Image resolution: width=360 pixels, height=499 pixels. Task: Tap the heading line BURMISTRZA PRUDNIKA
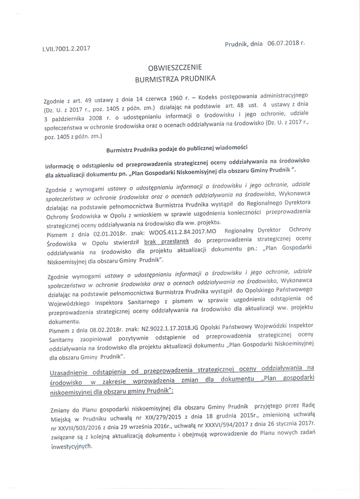pos(175,78)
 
